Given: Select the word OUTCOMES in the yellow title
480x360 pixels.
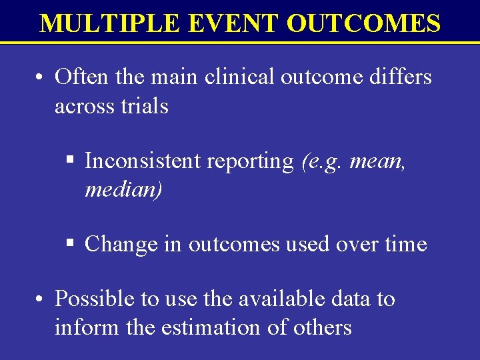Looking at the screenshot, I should point(363,23).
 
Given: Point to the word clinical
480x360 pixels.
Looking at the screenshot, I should point(239,77).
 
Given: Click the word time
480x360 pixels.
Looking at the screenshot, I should point(405,244).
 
